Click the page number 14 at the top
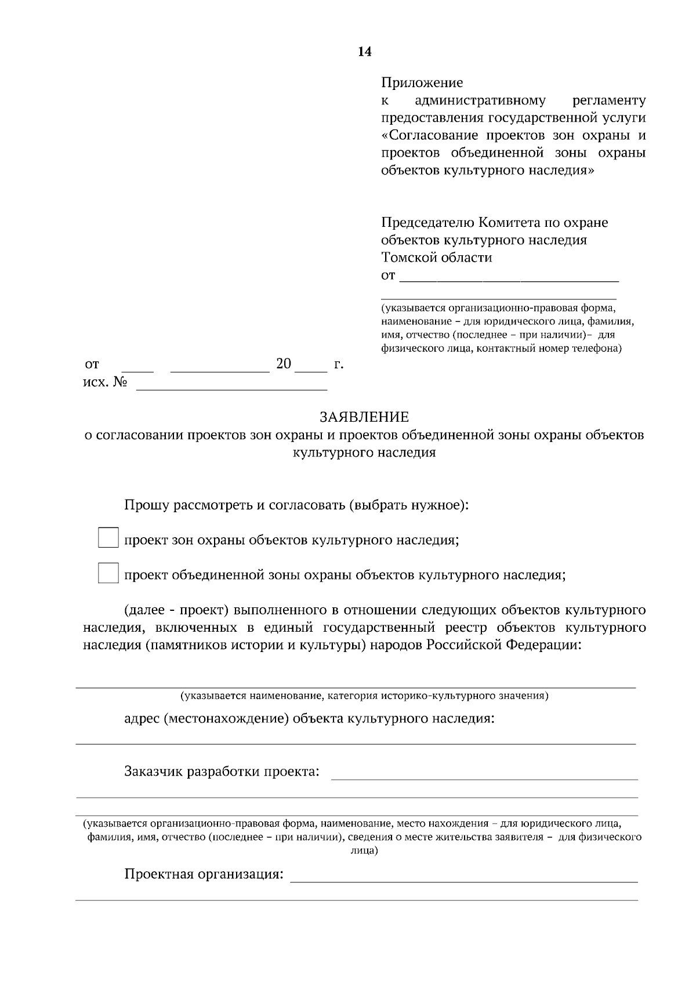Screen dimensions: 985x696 pyautogui.click(x=364, y=52)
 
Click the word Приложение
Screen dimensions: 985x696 pyautogui.click(x=422, y=83)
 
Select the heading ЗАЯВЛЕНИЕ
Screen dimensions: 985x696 pyautogui.click(x=364, y=417)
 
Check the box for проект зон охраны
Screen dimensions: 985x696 pyautogui.click(x=108, y=538)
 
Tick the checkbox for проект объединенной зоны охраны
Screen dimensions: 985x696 pyautogui.click(x=108, y=573)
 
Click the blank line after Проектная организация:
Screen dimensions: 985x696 pyautogui.click(x=463, y=878)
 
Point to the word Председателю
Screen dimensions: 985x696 pyautogui.click(x=427, y=223)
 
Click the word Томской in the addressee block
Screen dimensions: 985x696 pyautogui.click(x=409, y=258)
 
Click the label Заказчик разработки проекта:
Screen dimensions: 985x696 pyautogui.click(x=222, y=772)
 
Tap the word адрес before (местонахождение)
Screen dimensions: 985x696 pyautogui.click(x=142, y=719)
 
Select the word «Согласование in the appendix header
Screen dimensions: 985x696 pyautogui.click(x=430, y=136)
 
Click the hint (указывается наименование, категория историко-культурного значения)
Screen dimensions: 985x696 pyautogui.click(x=364, y=695)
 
